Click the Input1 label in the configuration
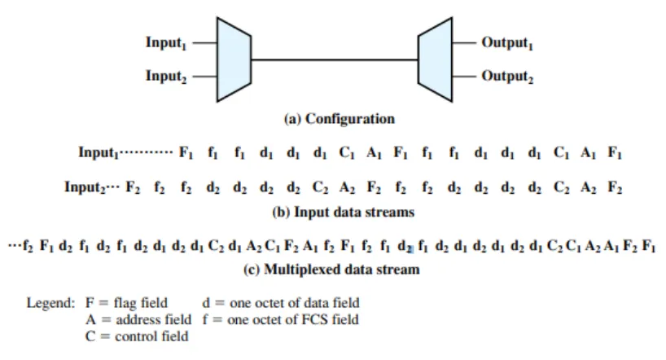point(167,43)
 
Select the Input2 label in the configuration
point(167,76)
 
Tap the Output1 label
point(508,43)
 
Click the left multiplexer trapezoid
point(234,59)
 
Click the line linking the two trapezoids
point(334,59)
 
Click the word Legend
point(51,304)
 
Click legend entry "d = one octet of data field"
point(281,304)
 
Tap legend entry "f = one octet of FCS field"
point(278,318)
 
